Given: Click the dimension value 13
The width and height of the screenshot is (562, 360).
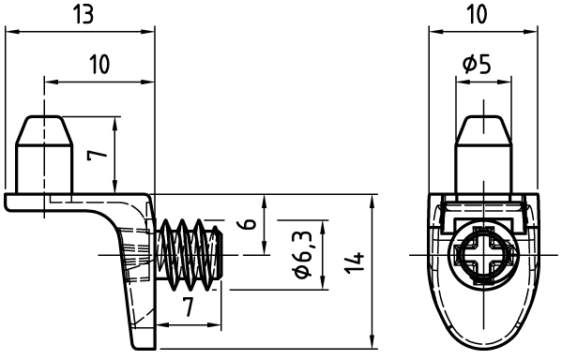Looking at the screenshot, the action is (83, 15).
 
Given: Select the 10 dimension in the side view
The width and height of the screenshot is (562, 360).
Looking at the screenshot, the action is (99, 65).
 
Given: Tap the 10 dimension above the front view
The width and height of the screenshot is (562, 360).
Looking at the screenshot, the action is (478, 15).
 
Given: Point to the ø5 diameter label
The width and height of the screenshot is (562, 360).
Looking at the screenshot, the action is (477, 65).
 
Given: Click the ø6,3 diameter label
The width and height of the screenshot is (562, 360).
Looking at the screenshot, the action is (303, 255).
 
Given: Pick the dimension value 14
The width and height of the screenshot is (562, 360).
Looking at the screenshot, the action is (356, 263).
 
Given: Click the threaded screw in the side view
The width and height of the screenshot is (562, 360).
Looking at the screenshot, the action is (190, 255).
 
